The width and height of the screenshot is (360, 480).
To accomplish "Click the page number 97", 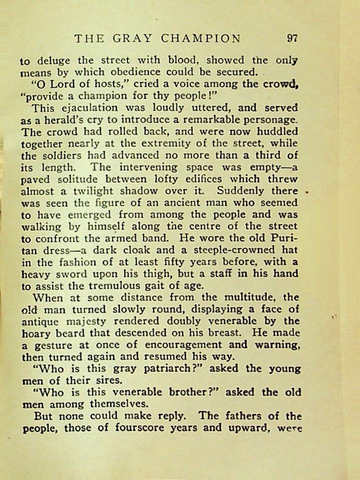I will (292, 39).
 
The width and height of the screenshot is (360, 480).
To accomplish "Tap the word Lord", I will (58, 85).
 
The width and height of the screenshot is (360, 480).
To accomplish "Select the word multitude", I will (248, 298).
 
